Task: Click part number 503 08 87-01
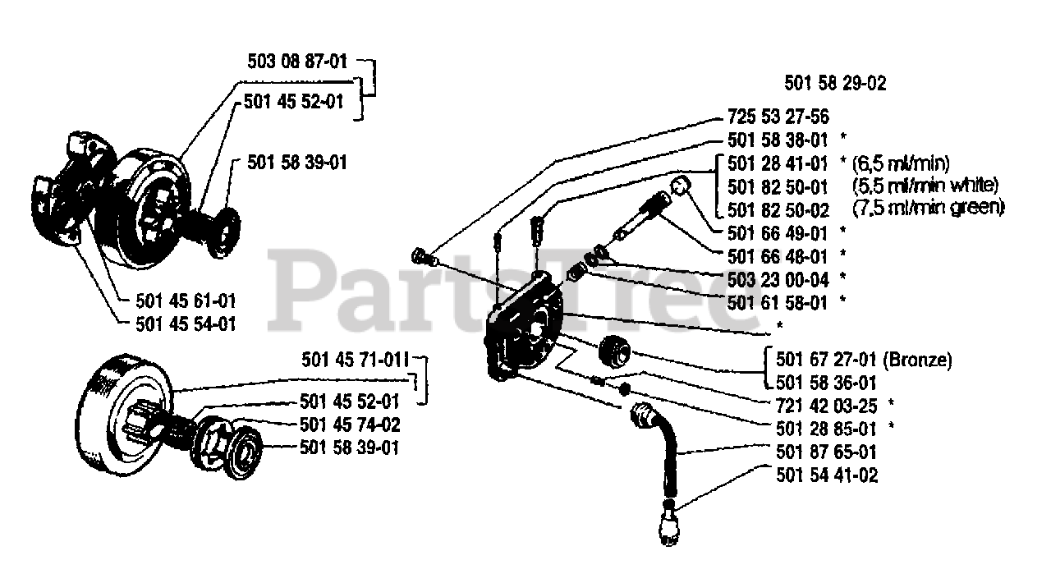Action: pos(297,62)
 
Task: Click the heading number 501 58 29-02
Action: pos(835,83)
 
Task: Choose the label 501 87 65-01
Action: pos(826,452)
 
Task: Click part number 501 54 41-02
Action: pos(826,475)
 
